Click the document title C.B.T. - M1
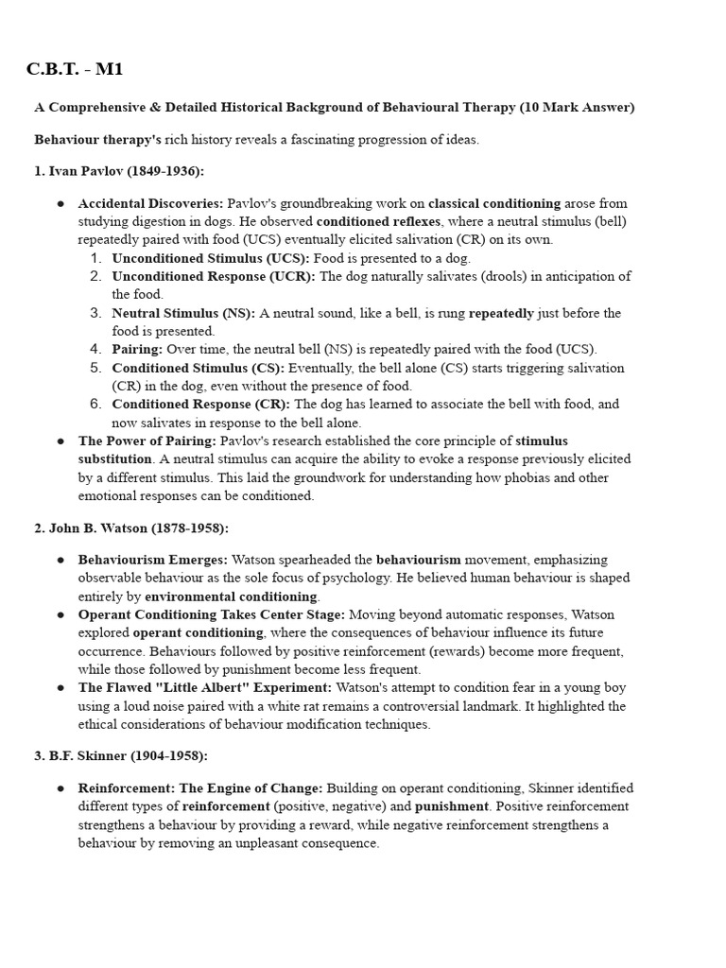[75, 69]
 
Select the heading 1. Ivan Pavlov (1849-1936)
[119, 171]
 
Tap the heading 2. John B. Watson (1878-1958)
[131, 527]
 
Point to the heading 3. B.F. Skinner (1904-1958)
[121, 756]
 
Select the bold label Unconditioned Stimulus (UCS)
[211, 258]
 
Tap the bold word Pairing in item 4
[137, 349]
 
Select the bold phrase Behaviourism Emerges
[153, 560]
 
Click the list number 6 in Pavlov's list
[96, 404]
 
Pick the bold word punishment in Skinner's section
[452, 806]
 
